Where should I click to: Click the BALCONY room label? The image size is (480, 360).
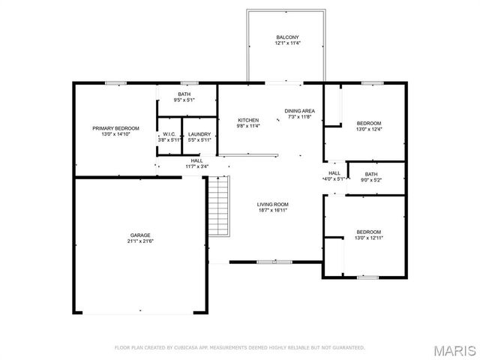coord(287,37)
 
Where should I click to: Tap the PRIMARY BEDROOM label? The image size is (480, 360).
coord(115,128)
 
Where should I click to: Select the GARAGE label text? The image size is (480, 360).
coord(138,235)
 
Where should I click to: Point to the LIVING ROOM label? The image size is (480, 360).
coord(273,205)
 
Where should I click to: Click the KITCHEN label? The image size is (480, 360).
coord(248,120)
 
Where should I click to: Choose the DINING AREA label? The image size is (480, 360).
coord(298,111)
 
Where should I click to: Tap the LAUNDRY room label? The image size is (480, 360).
coord(199,134)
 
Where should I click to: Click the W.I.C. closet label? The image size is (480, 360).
coord(169,134)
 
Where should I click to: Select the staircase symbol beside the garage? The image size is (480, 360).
coord(217,205)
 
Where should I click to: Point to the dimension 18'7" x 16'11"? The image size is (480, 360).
coord(273,211)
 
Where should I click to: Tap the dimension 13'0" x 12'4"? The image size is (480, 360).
coord(368,130)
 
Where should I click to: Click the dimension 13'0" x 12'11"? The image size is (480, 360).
coord(368,238)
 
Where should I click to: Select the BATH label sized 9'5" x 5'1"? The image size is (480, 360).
coord(184,94)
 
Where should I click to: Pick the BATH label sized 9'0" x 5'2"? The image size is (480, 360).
coord(371,174)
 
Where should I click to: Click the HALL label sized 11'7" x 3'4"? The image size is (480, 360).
coord(196,160)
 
